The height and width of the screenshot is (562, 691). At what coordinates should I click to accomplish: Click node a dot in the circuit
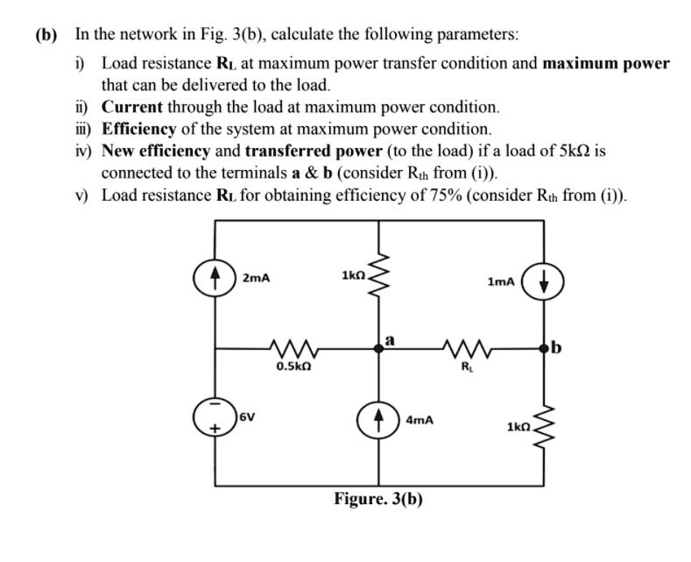coord(378,349)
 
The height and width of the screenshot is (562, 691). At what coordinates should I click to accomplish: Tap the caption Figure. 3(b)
coord(378,499)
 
